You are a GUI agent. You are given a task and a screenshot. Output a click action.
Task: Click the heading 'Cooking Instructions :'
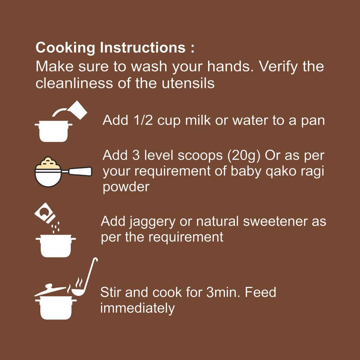(x=115, y=48)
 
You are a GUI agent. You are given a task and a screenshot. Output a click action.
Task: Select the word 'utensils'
(x=188, y=83)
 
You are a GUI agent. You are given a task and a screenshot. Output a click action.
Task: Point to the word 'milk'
(x=198, y=120)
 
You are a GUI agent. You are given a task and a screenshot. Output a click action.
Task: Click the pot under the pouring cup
(x=54, y=131)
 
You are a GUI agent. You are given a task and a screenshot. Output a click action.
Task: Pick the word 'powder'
(x=126, y=187)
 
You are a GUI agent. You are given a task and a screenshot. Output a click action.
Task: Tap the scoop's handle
(x=80, y=171)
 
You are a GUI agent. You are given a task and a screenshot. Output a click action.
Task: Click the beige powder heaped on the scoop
(x=48, y=163)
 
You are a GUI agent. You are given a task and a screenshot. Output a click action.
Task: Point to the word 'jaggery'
(x=152, y=222)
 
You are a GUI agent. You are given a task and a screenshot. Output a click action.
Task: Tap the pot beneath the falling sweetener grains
(x=56, y=246)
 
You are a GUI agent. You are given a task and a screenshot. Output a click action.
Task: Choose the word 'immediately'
(x=137, y=309)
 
